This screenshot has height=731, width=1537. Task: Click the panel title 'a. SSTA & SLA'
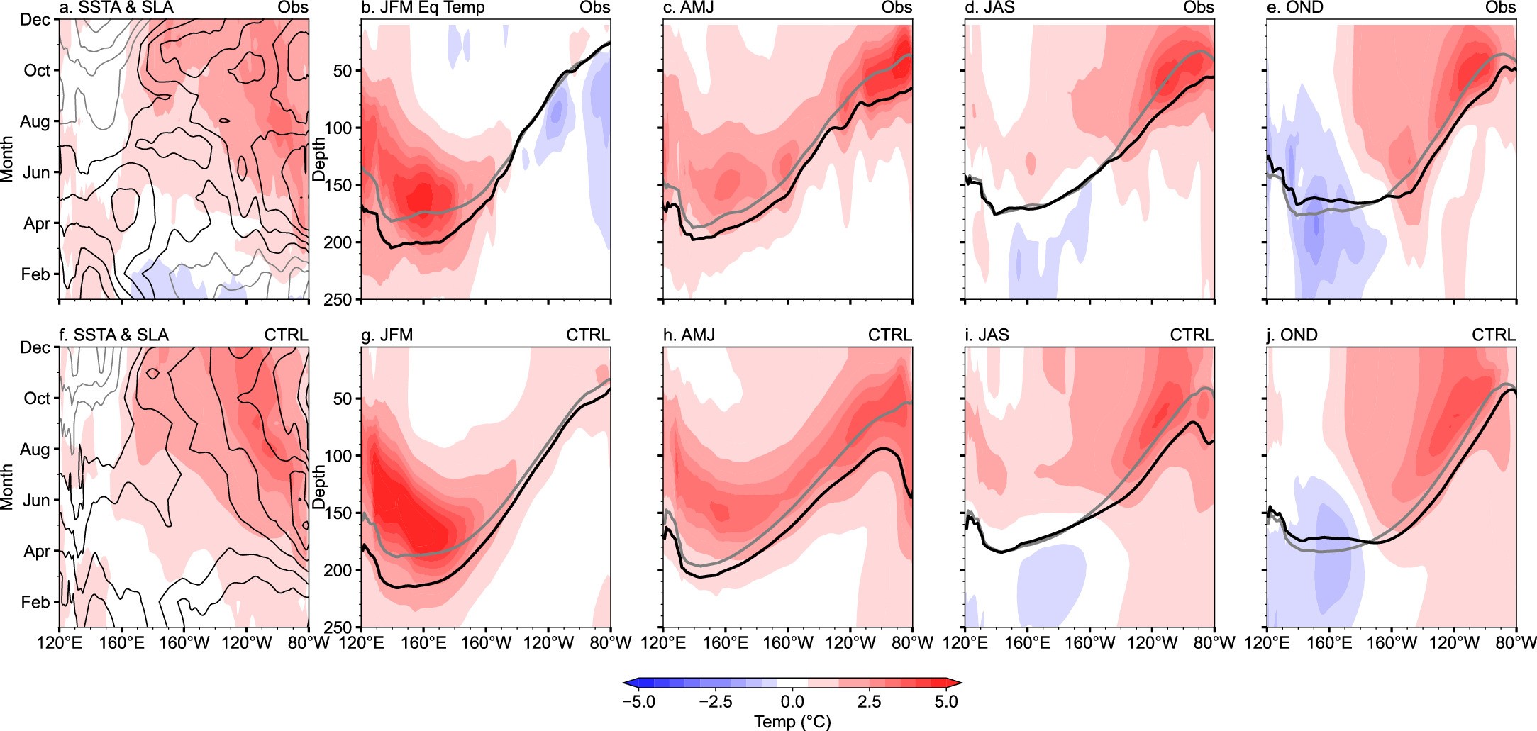point(116,8)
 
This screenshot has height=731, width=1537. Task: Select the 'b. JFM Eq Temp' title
point(423,8)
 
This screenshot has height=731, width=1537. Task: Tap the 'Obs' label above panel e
point(1501,8)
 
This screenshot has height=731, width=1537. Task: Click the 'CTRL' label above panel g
point(588,335)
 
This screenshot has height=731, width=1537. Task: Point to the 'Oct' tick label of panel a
point(37,70)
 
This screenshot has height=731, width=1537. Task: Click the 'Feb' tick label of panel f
point(35,602)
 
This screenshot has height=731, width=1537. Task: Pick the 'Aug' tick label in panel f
point(35,449)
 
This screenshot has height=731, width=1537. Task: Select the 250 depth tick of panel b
point(338,299)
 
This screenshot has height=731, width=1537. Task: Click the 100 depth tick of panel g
point(338,456)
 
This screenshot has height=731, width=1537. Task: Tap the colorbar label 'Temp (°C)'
point(792,722)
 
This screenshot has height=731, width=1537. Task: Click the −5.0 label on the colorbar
point(638,702)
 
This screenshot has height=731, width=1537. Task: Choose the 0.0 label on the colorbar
point(792,702)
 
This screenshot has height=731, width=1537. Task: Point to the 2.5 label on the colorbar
point(869,702)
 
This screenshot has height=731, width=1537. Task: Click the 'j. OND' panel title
point(1292,335)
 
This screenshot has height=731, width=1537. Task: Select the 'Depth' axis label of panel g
point(319,486)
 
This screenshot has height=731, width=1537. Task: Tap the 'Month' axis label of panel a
point(7,160)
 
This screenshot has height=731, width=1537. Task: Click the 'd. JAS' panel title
point(990,8)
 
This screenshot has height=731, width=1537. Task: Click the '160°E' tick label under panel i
point(1027,643)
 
